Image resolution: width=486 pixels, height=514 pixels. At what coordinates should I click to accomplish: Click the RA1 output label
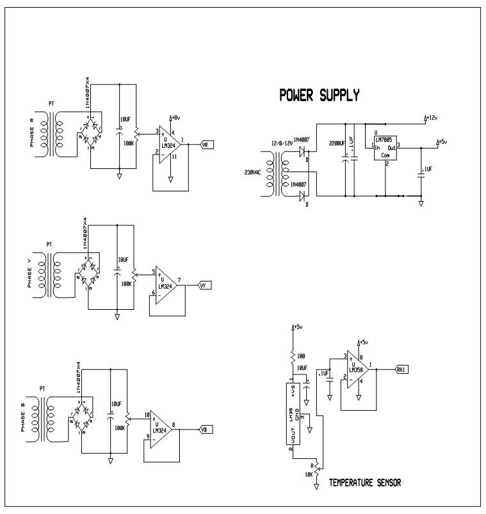click(x=401, y=369)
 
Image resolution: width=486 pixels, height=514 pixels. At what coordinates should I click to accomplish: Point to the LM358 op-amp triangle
click(x=359, y=369)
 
